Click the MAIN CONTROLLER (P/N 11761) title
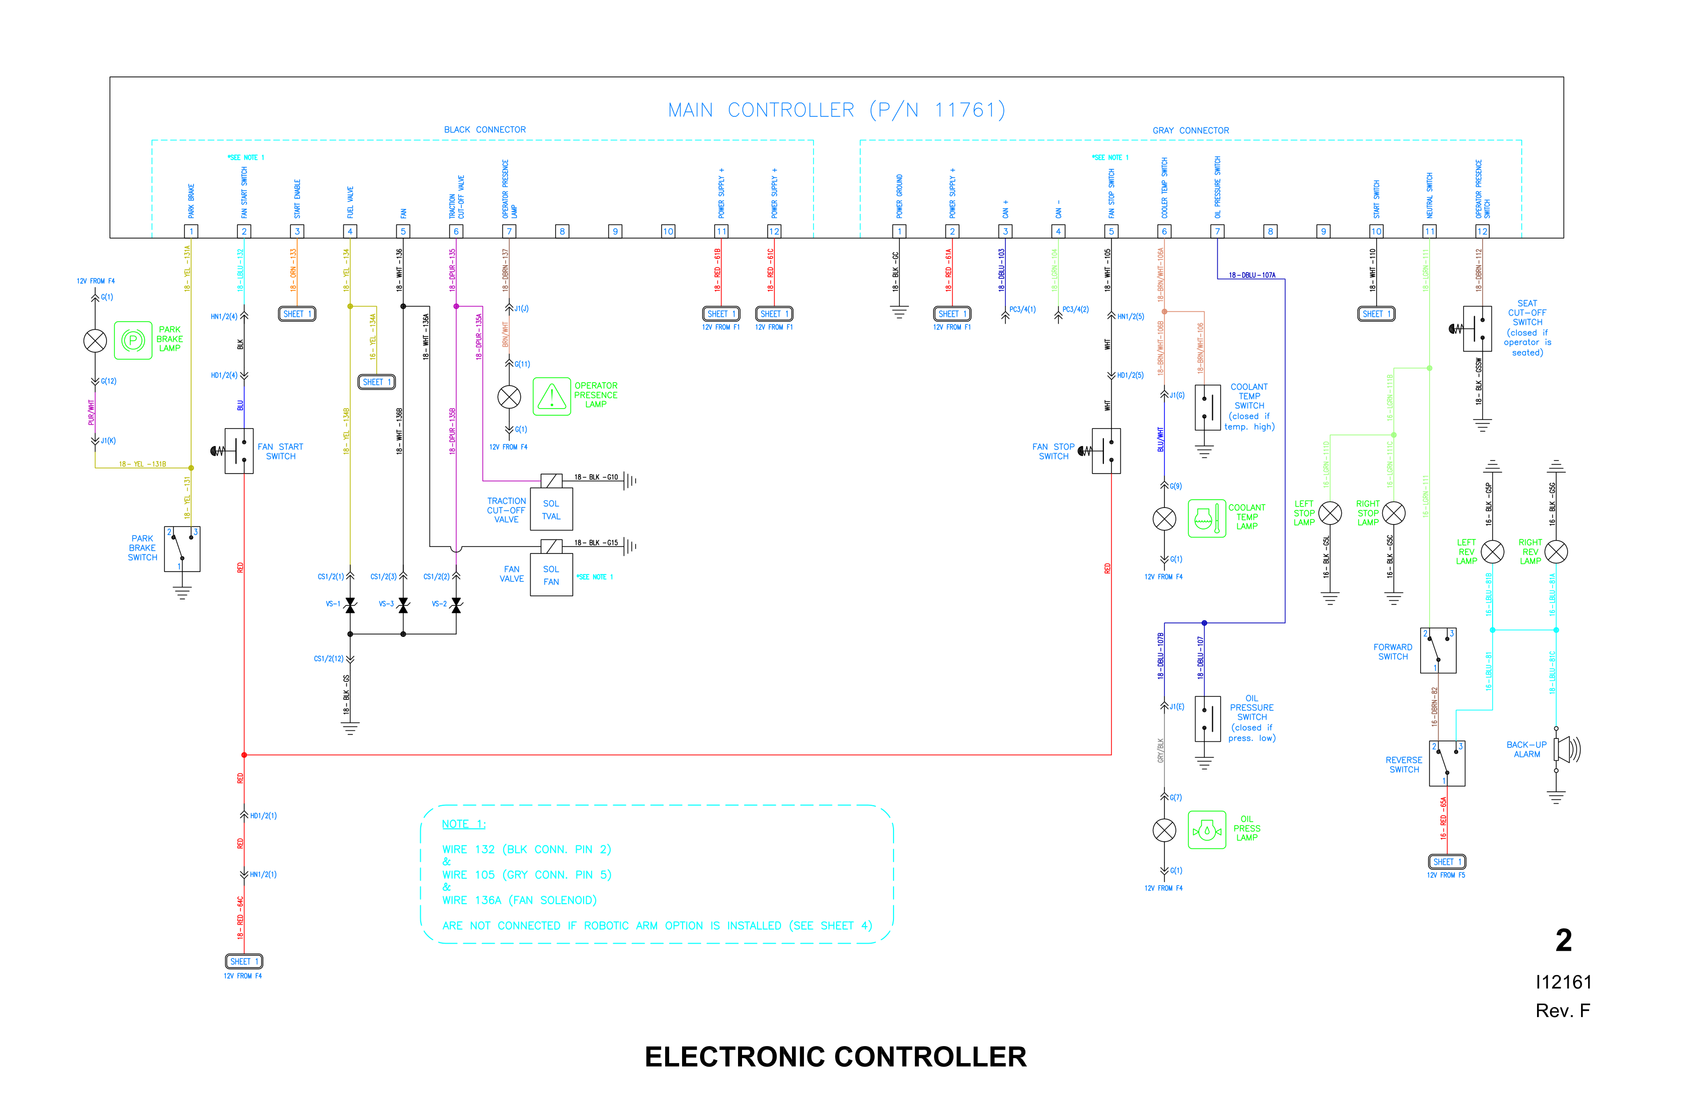836,110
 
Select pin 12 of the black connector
774,231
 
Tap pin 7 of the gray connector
1217,231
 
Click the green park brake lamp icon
133,340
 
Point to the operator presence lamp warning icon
551,397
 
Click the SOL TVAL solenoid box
551,510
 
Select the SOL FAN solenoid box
551,575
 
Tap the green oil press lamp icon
1206,830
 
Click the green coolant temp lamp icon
1206,518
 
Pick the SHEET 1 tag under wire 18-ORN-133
297,314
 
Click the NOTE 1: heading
463,824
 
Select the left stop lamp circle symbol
1330,513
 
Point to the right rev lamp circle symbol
1556,551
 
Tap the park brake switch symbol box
182,549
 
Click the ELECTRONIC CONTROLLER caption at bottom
835,1057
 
